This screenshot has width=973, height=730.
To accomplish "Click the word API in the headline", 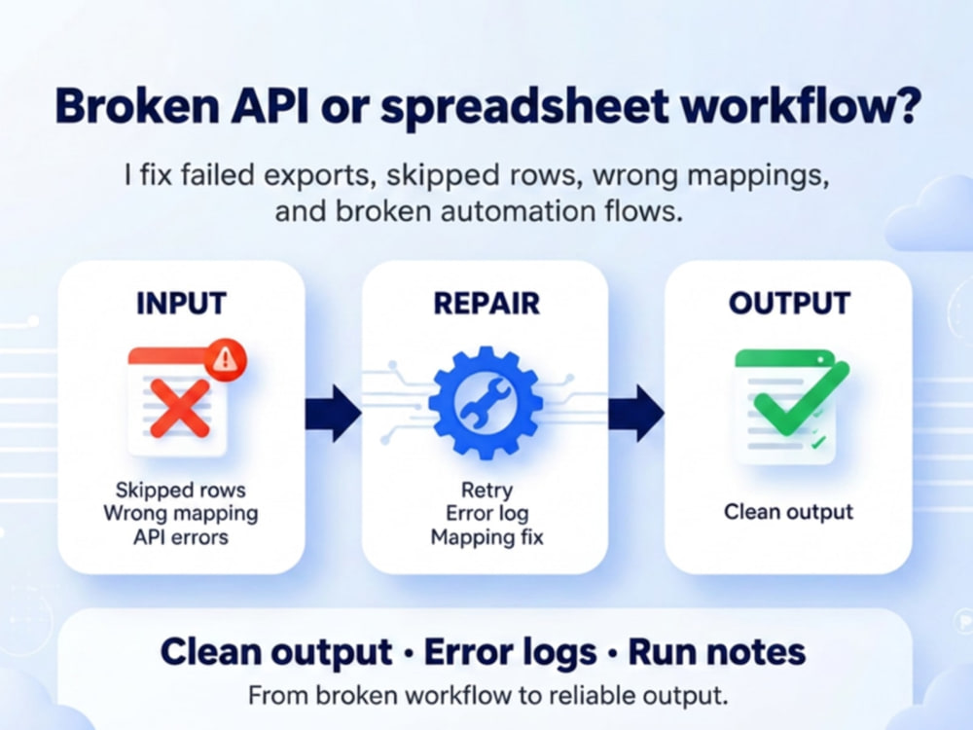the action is pyautogui.click(x=270, y=105).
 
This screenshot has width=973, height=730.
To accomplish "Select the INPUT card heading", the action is pyautogui.click(x=181, y=304).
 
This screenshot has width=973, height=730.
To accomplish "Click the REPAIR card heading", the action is pyautogui.click(x=486, y=304).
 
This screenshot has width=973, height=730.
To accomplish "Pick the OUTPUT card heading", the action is pyautogui.click(x=789, y=304).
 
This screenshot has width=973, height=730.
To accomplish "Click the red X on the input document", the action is pyautogui.click(x=180, y=409).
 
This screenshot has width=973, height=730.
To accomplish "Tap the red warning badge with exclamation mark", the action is pyautogui.click(x=225, y=360).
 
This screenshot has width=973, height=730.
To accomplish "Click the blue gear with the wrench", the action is pyautogui.click(x=486, y=403).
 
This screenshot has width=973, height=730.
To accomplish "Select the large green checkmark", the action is pyautogui.click(x=801, y=398).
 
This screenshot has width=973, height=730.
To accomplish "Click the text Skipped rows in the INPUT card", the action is pyautogui.click(x=181, y=490).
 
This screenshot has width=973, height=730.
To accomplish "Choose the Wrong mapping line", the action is pyautogui.click(x=181, y=513).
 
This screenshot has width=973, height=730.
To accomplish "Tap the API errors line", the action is pyautogui.click(x=181, y=537).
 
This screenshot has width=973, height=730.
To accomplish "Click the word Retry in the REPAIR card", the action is pyautogui.click(x=487, y=491).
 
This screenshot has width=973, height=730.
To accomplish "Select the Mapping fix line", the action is pyautogui.click(x=487, y=537).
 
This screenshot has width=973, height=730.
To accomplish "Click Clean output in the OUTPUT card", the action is pyautogui.click(x=789, y=512).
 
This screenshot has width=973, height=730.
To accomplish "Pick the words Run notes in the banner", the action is pyautogui.click(x=717, y=652).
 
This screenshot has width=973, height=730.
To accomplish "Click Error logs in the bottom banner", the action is pyautogui.click(x=510, y=653).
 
